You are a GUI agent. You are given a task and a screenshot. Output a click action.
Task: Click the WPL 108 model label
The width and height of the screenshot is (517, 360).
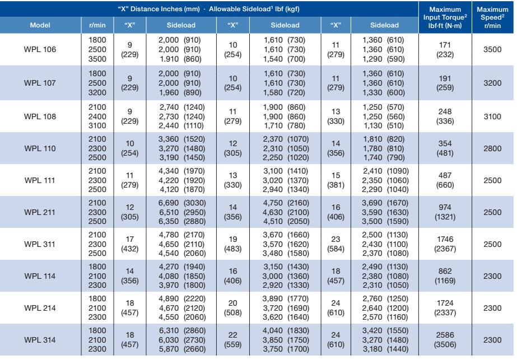coord(40,116)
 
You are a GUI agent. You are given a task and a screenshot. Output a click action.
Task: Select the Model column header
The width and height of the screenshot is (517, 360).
coord(40,25)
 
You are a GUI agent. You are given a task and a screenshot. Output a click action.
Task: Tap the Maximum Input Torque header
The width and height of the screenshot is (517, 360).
coord(445,17)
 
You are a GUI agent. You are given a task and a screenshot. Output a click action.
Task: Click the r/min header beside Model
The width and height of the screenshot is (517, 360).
coord(97,25)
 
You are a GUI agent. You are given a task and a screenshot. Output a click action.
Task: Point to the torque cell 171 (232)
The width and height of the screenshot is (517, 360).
coord(445,49)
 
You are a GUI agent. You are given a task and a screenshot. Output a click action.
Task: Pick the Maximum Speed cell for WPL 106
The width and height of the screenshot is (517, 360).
coord(492,49)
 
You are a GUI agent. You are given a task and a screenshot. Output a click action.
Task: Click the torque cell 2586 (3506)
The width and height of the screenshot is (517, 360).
coord(445,340)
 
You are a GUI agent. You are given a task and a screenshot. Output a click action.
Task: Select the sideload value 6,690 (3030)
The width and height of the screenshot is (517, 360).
coord(182,203)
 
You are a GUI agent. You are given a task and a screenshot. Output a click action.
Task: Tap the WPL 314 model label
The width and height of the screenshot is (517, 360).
coord(40,340)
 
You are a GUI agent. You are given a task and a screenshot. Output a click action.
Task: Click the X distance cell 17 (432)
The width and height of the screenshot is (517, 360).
coord(130,244)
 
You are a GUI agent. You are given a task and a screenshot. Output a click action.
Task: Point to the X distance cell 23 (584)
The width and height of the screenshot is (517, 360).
coord(336,244)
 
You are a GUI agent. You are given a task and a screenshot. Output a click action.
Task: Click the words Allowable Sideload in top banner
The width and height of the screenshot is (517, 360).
coord(240,9)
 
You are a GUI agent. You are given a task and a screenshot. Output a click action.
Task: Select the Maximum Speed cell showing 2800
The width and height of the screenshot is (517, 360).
coord(492,148)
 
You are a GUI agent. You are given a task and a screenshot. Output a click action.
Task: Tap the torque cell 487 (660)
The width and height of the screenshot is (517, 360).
coord(445,180)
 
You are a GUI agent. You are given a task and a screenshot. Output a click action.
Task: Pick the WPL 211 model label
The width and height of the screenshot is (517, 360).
coord(40,212)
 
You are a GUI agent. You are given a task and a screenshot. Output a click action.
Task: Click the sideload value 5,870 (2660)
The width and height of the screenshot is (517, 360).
coord(182,349)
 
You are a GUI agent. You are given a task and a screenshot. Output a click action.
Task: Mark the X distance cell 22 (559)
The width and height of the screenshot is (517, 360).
coord(233,340)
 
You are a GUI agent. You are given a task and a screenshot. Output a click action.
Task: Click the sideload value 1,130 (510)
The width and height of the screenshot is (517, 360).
coord(384,125)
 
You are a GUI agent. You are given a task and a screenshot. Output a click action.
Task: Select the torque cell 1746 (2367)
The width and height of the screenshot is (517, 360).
coord(445,244)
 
